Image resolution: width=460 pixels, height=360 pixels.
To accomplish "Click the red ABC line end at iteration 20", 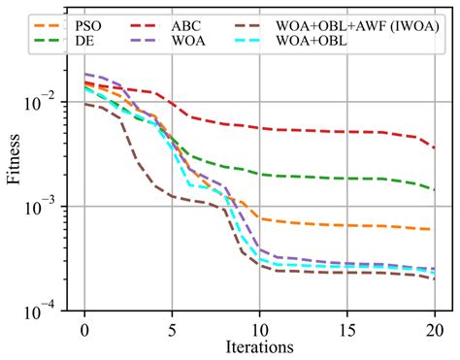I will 433,147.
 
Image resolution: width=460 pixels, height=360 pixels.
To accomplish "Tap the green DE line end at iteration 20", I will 433,190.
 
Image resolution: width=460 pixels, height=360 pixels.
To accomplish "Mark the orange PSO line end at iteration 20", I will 433,229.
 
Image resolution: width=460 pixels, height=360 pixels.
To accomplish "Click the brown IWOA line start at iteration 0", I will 85,104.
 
